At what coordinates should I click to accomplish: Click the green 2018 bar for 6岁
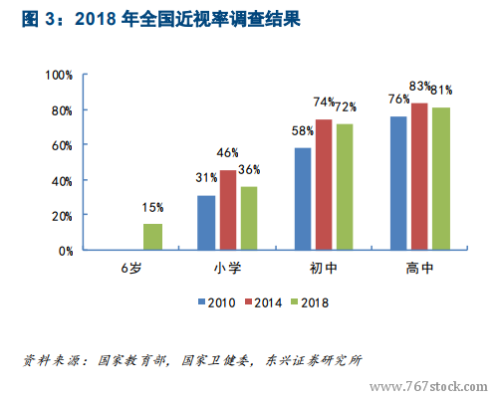pyautogui.click(x=152, y=237)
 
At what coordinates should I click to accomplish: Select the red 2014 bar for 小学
pyautogui.click(x=228, y=210)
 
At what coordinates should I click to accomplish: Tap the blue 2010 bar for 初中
pyautogui.click(x=303, y=199)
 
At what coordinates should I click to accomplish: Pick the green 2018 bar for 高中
pyautogui.click(x=441, y=178)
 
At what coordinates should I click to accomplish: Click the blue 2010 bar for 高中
pyautogui.click(x=398, y=183)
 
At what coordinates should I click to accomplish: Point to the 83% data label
pyautogui.click(x=420, y=87)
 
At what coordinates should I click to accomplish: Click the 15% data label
pyautogui.click(x=152, y=208)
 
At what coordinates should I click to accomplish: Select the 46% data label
pyautogui.click(x=227, y=153)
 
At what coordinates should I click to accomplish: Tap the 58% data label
pyautogui.click(x=303, y=131)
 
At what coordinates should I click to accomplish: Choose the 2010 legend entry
pyautogui.click(x=217, y=302)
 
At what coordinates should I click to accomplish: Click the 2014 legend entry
pyautogui.click(x=263, y=302)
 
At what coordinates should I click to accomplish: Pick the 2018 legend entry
pyautogui.click(x=310, y=302)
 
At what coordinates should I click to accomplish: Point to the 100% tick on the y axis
pyautogui.click(x=59, y=76)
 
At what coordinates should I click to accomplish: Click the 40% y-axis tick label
pyautogui.click(x=62, y=181)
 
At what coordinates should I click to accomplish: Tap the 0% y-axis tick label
pyautogui.click(x=66, y=251)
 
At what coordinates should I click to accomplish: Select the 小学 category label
pyautogui.click(x=227, y=268)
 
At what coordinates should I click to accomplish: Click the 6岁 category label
pyautogui.click(x=131, y=268)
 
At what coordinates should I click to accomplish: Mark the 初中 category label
pyautogui.click(x=324, y=268)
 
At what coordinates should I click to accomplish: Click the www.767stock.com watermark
pyautogui.click(x=428, y=387)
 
